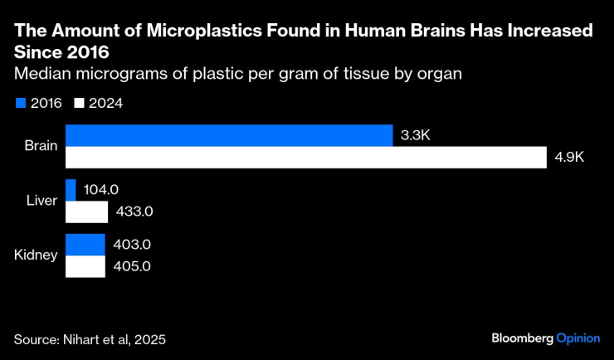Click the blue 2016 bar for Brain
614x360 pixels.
coord(229,135)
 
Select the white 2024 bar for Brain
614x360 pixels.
coord(306,157)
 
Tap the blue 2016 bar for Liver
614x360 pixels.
coord(71,190)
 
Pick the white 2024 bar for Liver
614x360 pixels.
coord(86,212)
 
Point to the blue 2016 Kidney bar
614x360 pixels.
coord(85,245)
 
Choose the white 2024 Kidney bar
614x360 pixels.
coord(85,266)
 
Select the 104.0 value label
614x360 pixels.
coord(101,190)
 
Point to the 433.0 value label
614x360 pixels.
coord(134,212)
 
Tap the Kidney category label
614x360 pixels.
coord(37,255)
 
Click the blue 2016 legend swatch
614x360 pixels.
coord(20,104)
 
